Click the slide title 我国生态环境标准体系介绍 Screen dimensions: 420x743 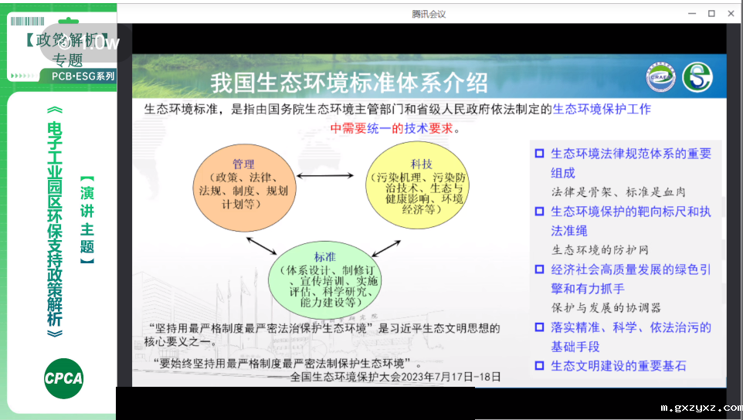pyautogui.click(x=349, y=81)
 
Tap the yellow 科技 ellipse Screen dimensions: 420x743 pyautogui.click(x=421, y=186)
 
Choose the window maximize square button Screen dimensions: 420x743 pyautogui.click(x=711, y=13)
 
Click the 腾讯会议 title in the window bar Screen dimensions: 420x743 pyautogui.click(x=429, y=14)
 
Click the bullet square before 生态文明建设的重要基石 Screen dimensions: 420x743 pyautogui.click(x=539, y=366)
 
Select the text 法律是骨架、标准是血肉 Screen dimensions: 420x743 pyautogui.click(x=618, y=191)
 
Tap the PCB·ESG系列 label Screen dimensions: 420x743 pyautogui.click(x=83, y=76)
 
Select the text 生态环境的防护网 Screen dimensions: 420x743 pyautogui.click(x=599, y=249)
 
